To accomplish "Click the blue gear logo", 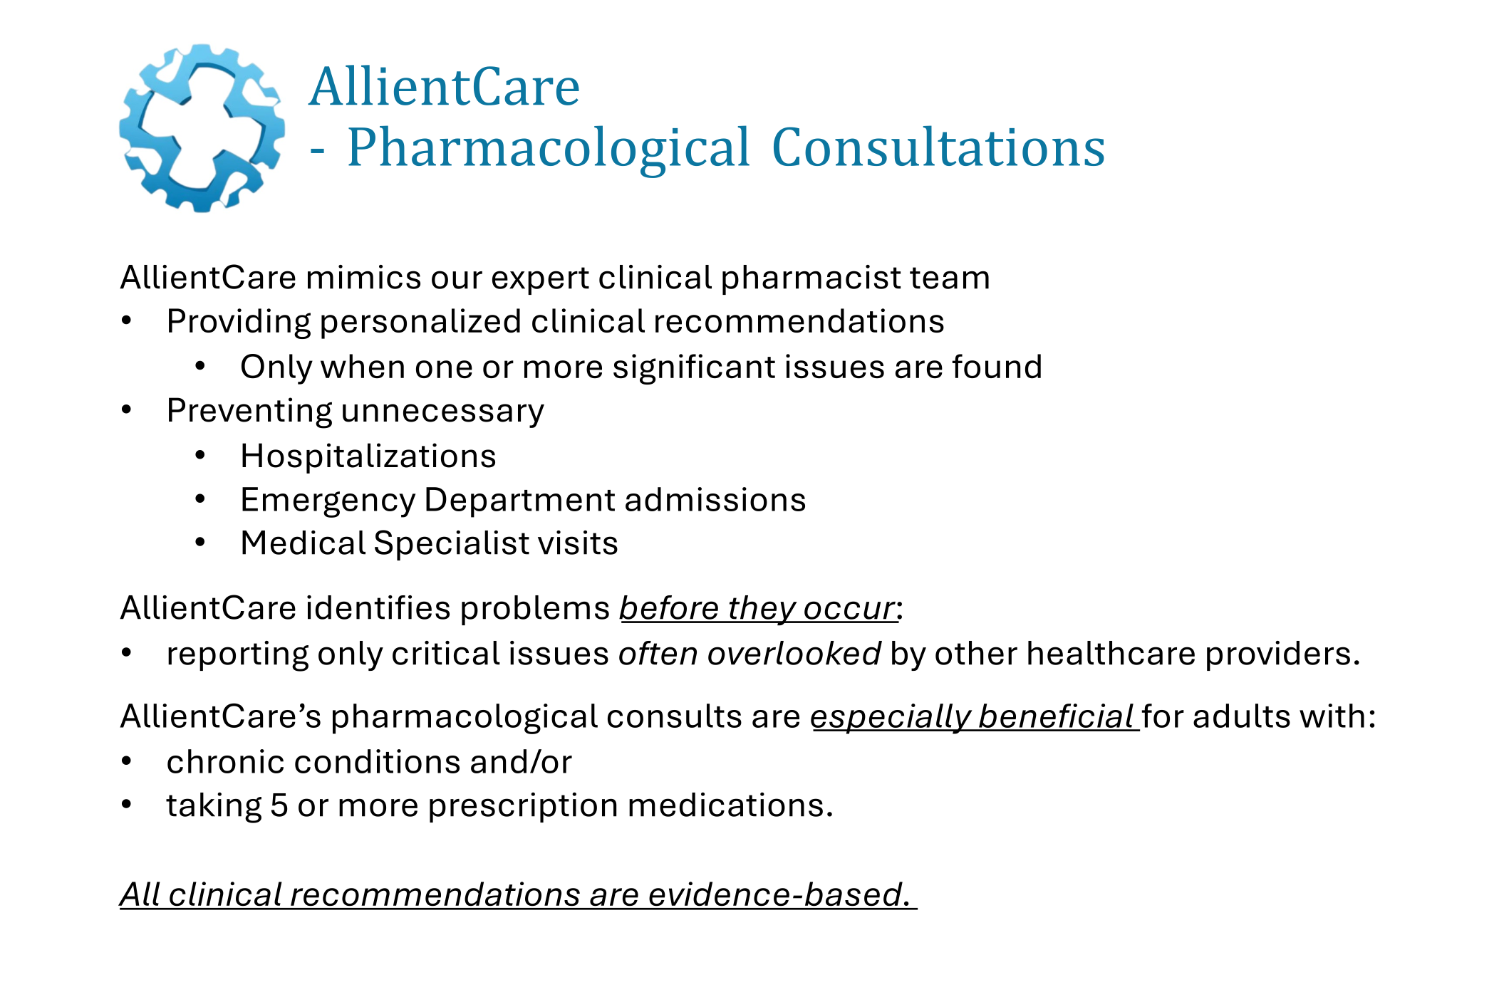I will coord(202,128).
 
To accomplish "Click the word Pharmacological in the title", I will coord(549,148).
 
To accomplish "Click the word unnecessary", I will coord(442,411).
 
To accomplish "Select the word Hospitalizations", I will coord(368,456).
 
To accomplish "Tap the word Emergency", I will coord(328,500).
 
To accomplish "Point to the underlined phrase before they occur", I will coord(757,609).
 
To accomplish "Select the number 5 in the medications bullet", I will coord(279,806).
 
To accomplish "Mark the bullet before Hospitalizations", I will coord(201,456).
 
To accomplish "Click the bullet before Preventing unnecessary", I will coord(127,410).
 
